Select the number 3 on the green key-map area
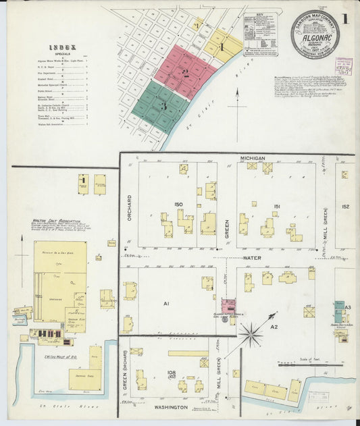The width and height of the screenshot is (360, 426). [x=163, y=106]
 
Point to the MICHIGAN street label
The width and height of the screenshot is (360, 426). [x=252, y=157]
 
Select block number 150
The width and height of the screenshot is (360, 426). [x=178, y=204]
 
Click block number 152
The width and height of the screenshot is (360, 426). [x=346, y=207]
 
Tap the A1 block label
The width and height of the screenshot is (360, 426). [x=165, y=304]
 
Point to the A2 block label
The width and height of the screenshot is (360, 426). [x=274, y=327]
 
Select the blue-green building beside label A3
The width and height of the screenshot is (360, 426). [x=338, y=312]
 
